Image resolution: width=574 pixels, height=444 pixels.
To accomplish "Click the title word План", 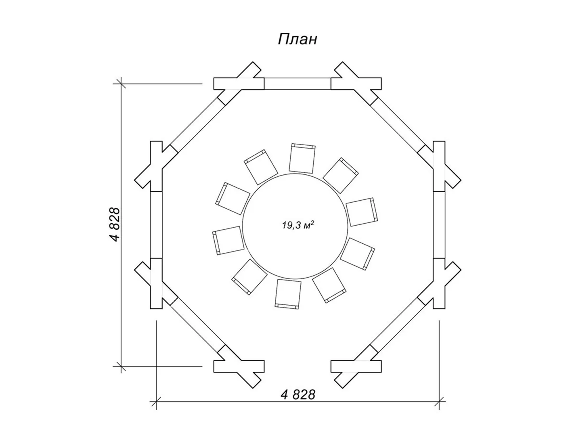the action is [x=297, y=40].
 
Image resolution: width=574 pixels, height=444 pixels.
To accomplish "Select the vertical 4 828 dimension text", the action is [x=115, y=225].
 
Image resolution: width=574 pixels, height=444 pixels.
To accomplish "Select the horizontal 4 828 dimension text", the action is [x=298, y=395].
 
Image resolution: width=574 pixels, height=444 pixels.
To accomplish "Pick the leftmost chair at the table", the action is [x=228, y=241].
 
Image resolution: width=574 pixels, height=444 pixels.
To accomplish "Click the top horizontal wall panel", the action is [x=298, y=84].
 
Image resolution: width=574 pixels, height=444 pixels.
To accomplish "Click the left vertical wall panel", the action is [x=156, y=225].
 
